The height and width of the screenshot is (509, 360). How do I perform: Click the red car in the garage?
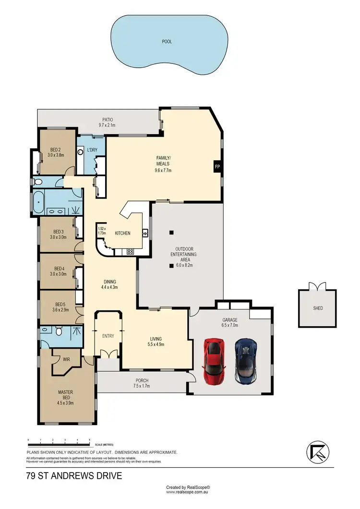pyautogui.click(x=214, y=361)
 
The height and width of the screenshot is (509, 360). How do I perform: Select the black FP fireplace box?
pyautogui.click(x=217, y=167)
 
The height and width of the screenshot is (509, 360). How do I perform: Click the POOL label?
pyautogui.click(x=167, y=42)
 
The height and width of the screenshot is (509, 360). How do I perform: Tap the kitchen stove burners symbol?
pyautogui.click(x=130, y=251)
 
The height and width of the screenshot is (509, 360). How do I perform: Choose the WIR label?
pyautogui.click(x=60, y=358)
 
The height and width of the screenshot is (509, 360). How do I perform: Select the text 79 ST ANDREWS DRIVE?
pyautogui.click(x=74, y=476)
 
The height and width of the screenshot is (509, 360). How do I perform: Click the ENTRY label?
pyautogui.click(x=108, y=336)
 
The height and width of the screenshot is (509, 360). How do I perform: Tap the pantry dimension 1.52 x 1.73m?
pyautogui.click(x=102, y=231)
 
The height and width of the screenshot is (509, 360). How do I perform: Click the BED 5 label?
pyautogui.click(x=60, y=304)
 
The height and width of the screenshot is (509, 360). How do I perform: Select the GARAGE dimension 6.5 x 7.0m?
pyautogui.click(x=229, y=325)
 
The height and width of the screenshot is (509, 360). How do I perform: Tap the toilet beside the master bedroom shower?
pyautogui.click(x=58, y=331)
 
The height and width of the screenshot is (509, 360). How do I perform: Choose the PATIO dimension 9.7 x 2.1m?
pyautogui.click(x=107, y=125)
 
